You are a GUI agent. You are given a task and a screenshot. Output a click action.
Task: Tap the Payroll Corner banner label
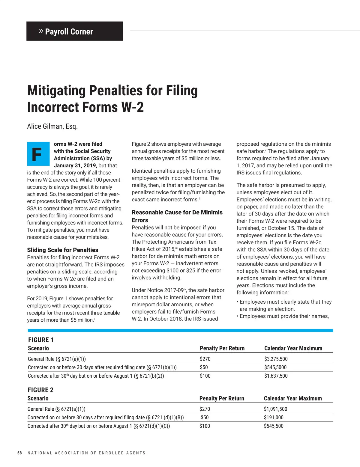(x=69, y=31)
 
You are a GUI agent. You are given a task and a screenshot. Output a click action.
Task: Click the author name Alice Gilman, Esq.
(x=52, y=126)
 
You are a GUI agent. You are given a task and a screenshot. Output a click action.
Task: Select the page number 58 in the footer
(x=19, y=453)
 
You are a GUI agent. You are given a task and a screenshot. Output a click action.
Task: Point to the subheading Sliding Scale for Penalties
(x=63, y=250)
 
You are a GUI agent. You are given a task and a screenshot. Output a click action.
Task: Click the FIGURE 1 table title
(x=41, y=340)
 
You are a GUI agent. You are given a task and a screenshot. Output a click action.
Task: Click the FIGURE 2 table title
(x=40, y=390)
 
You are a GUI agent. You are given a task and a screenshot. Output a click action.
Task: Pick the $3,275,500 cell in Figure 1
(x=276, y=359)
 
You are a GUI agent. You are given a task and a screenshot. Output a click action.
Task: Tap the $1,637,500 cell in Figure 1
(x=276, y=376)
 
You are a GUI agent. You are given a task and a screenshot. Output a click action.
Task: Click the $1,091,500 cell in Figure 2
(x=275, y=409)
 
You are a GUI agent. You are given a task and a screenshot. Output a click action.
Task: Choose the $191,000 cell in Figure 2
(x=274, y=417)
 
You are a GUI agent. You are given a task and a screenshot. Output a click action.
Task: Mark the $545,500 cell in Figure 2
(x=274, y=426)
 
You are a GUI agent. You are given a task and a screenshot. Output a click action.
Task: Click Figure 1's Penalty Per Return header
(x=222, y=348)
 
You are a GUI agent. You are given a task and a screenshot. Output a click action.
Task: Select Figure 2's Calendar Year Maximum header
(x=292, y=398)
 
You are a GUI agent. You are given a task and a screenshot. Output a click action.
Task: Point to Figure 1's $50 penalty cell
(x=204, y=367)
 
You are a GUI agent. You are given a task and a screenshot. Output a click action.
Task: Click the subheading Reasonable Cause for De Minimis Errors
(x=177, y=216)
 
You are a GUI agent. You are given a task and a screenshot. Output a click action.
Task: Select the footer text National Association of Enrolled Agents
(x=86, y=453)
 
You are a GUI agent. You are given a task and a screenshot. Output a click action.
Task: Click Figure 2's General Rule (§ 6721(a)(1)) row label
(x=56, y=409)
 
